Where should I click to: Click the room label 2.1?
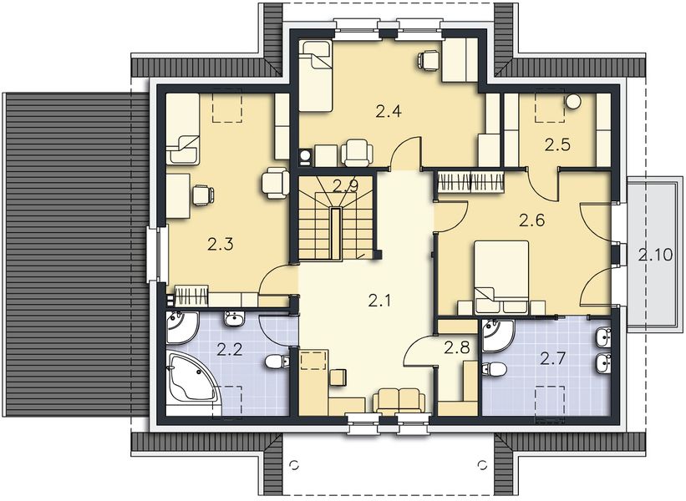379,301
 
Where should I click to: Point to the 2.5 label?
557,144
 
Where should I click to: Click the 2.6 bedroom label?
531,220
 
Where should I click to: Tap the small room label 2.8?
456,347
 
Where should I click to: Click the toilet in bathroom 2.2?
277,362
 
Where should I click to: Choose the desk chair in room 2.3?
201,195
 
